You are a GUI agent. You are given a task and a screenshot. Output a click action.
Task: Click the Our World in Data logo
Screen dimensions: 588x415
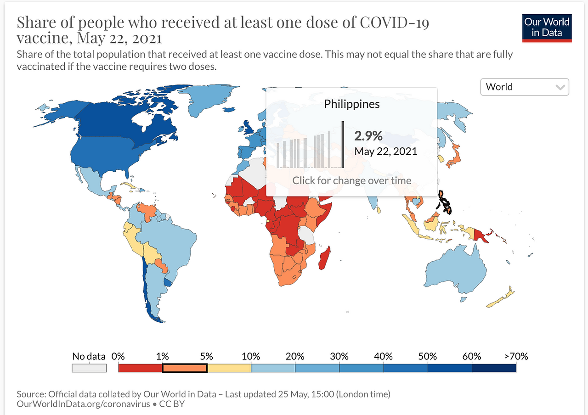pos(547,28)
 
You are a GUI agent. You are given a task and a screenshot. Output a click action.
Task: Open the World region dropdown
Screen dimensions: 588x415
pos(525,87)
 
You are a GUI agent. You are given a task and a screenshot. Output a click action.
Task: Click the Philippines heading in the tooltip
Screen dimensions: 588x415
pos(352,104)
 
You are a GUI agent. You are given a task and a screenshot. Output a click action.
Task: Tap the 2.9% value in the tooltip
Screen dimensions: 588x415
pos(368,136)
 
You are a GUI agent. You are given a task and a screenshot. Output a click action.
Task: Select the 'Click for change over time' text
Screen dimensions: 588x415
pos(352,180)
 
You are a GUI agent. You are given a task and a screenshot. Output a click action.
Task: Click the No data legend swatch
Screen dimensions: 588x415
pos(89,368)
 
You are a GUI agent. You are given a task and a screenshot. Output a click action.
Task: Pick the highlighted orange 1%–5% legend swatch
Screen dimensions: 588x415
pos(185,368)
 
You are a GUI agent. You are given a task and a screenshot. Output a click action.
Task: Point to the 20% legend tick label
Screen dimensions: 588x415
pos(295,356)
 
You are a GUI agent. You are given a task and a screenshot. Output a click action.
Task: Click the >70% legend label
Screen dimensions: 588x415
pos(516,356)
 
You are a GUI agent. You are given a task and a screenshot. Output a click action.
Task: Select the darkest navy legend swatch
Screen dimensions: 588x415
pos(494,368)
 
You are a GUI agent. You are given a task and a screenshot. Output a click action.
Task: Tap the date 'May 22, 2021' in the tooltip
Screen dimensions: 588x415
pos(385,151)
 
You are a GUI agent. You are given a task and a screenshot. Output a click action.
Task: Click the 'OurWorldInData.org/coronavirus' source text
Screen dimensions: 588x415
pos(83,404)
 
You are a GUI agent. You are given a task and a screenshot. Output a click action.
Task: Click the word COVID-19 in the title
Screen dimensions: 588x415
pos(394,22)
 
